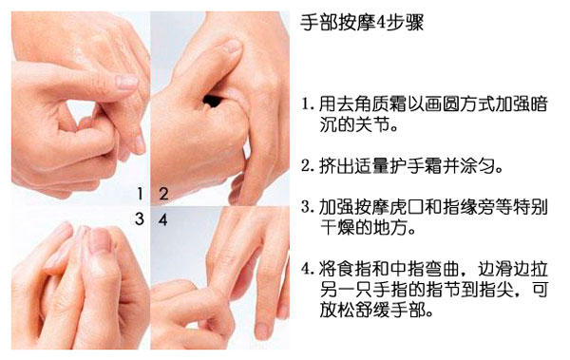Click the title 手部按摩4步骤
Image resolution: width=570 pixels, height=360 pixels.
(362, 23)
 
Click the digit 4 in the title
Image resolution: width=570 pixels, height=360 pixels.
(379, 24)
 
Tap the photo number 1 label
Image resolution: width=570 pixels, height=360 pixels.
(140, 194)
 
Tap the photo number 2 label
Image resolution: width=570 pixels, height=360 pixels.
(163, 194)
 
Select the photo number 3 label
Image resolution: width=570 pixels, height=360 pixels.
(140, 218)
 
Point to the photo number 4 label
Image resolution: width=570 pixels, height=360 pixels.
(162, 219)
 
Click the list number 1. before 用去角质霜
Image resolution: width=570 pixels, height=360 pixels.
(308, 104)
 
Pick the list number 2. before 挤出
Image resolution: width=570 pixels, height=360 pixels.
(308, 166)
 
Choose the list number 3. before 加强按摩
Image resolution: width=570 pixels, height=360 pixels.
(308, 208)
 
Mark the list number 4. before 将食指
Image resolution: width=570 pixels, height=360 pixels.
(308, 270)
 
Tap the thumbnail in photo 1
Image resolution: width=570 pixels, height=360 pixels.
(126, 83)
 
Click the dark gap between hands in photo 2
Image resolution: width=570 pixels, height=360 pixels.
(212, 101)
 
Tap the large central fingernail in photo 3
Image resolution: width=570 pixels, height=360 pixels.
(99, 240)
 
